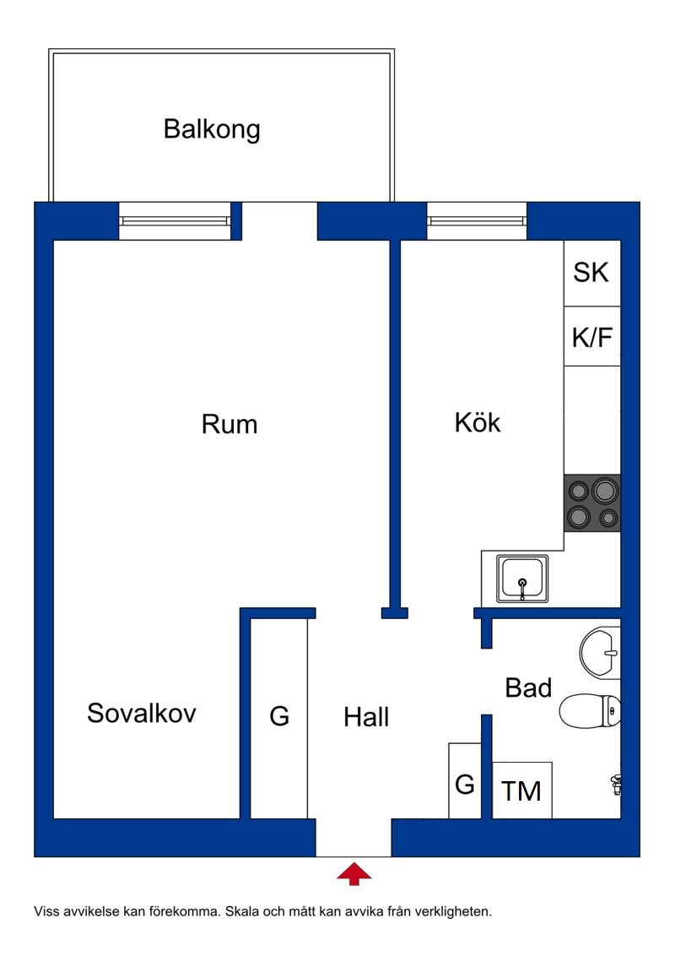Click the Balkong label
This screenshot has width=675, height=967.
[x=212, y=129]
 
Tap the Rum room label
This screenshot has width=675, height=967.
[x=229, y=424]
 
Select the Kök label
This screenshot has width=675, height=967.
[x=478, y=422]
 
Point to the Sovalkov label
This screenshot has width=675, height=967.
[x=142, y=713]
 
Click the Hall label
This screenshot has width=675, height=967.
[x=366, y=717]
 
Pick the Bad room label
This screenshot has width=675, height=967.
[x=528, y=687]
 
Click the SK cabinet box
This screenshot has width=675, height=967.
[x=591, y=273]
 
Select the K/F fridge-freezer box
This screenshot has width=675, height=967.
[x=591, y=336]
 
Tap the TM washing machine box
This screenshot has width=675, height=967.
[x=521, y=790]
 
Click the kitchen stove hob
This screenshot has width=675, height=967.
[x=592, y=503]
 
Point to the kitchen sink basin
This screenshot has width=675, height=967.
[x=522, y=579]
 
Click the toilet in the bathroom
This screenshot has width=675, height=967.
[x=590, y=711]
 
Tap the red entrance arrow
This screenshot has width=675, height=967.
[x=354, y=874]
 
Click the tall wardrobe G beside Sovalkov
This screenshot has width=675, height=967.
[x=279, y=719]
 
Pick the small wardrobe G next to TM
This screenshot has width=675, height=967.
[x=465, y=781]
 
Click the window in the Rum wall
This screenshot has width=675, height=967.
[x=175, y=220]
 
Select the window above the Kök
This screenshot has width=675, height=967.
[x=477, y=220]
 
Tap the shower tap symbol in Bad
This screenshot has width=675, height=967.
[x=615, y=785]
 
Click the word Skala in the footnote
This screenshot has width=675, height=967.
[x=242, y=911]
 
